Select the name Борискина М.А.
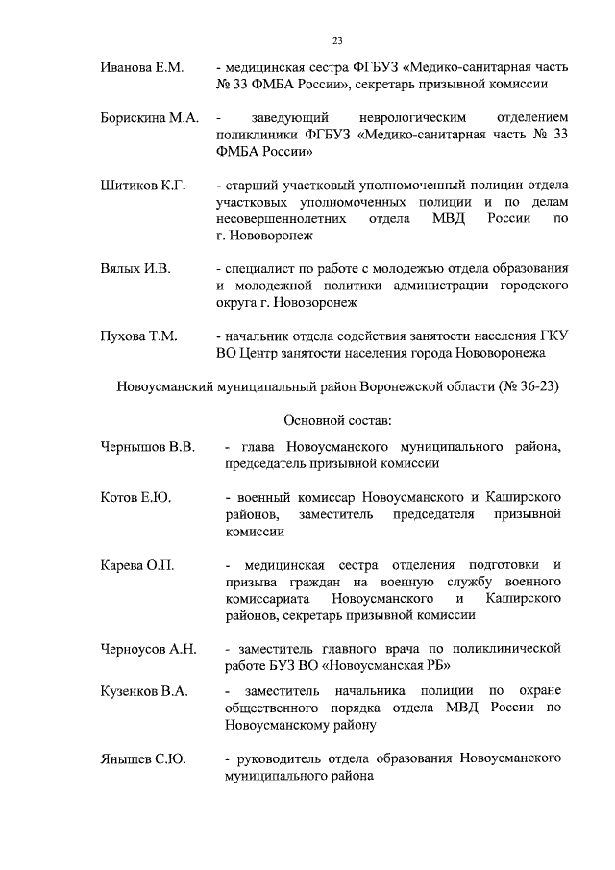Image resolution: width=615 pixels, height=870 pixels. (150, 117)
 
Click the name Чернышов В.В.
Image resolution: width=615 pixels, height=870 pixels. (148, 446)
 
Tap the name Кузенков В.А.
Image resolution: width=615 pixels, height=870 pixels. (144, 691)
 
